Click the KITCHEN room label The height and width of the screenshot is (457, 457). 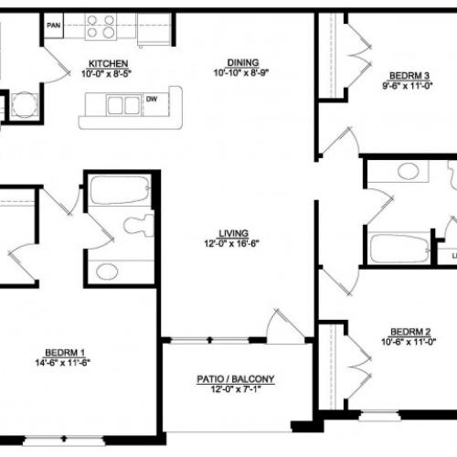[108, 64]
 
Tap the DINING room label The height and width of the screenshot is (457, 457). [243, 62]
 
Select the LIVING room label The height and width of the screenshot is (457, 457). [233, 233]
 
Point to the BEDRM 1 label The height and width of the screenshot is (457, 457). [65, 353]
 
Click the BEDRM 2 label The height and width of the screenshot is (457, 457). [410, 332]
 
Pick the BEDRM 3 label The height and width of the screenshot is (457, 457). [409, 75]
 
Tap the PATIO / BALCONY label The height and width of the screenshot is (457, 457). [236, 379]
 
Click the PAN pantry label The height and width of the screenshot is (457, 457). [54, 26]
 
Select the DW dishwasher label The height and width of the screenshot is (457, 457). [152, 99]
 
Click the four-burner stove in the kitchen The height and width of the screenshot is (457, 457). [101, 27]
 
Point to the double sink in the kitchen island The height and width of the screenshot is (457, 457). [123, 105]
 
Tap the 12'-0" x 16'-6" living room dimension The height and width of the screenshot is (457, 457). [231, 243]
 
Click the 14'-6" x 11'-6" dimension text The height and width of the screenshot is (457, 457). [63, 363]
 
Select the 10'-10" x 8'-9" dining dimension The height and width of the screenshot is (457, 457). [241, 72]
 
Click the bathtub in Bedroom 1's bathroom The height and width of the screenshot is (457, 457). [121, 190]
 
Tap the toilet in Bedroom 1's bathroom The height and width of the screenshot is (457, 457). [139, 225]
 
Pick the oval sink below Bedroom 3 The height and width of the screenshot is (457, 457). [409, 172]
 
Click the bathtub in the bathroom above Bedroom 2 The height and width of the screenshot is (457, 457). [399, 249]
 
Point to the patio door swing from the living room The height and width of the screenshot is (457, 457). [284, 325]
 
